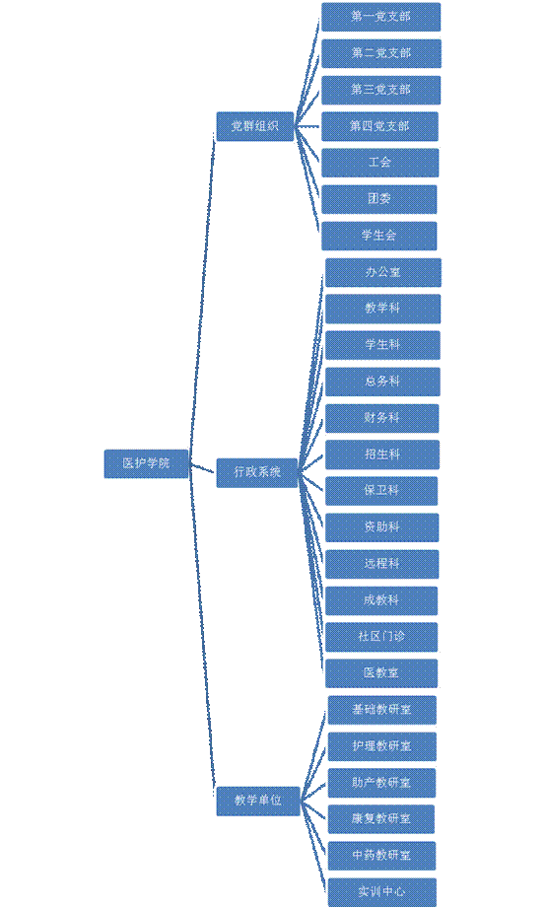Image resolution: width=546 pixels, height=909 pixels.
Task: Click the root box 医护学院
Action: point(146,463)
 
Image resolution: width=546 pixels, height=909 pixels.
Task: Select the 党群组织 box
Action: point(255,126)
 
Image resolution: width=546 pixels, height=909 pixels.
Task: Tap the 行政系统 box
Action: point(257,472)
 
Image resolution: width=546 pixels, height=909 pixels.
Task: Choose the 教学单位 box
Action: point(258,801)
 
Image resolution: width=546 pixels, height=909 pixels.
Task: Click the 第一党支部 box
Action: point(380,17)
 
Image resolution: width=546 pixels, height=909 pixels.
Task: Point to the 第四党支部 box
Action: point(379,126)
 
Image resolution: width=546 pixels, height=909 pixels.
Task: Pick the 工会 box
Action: point(379,163)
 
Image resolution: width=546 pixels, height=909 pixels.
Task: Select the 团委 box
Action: point(379,199)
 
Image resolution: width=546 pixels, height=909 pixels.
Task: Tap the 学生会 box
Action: point(379,236)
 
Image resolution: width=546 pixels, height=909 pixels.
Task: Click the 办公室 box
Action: point(383,272)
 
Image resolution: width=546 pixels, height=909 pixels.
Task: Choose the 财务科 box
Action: point(382,418)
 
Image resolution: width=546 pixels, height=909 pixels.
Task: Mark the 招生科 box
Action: point(382,454)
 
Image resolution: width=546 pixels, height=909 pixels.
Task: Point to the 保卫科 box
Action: point(381,491)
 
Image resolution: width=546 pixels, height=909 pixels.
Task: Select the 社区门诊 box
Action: point(381,637)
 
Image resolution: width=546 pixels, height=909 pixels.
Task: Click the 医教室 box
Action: point(381,673)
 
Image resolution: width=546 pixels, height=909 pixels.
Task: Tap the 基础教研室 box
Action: point(382,710)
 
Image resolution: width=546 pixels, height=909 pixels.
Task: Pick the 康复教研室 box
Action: point(381,819)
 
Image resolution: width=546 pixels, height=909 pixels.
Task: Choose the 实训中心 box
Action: point(382,892)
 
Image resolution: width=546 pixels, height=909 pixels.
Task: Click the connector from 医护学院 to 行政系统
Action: point(202,468)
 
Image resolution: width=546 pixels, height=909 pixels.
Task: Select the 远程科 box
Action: point(382,564)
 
